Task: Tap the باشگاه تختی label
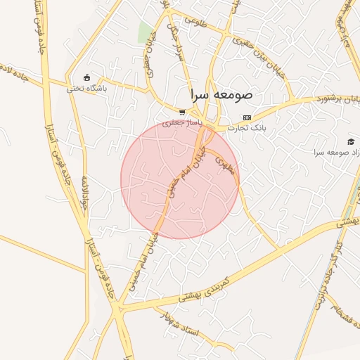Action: click(86, 89)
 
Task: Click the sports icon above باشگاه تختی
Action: click(86, 77)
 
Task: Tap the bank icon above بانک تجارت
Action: click(246, 117)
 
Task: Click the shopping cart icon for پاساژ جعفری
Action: click(182, 112)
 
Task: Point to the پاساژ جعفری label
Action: click(182, 122)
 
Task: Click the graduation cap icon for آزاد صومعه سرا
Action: click(352, 141)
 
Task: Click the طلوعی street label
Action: click(196, 20)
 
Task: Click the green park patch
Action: click(146, 32)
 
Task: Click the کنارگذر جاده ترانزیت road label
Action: click(338, 274)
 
